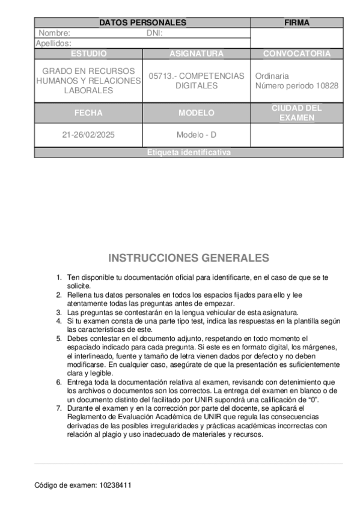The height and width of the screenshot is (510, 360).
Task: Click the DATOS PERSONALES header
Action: click(x=142, y=23)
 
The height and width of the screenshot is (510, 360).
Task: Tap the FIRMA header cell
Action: click(x=297, y=23)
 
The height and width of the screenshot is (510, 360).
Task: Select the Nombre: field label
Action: click(x=54, y=33)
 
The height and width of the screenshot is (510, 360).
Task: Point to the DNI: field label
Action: click(x=155, y=33)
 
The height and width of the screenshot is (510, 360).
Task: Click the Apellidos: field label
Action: click(x=54, y=43)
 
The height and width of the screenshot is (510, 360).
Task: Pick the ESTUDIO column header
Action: click(x=88, y=54)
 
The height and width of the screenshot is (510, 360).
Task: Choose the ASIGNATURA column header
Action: click(x=197, y=54)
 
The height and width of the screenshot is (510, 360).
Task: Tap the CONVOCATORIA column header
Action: click(x=297, y=54)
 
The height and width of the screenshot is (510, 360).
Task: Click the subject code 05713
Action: click(x=160, y=76)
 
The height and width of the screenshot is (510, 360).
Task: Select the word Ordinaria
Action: click(x=272, y=76)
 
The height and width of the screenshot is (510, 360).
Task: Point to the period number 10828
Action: click(x=326, y=86)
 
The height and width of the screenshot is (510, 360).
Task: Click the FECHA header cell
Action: click(x=88, y=112)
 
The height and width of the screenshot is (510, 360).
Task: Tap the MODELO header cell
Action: click(x=197, y=112)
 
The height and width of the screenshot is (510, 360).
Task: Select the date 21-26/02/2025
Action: click(x=88, y=135)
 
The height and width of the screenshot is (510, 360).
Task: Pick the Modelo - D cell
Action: click(x=197, y=135)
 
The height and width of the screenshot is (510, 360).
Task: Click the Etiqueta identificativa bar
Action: click(x=189, y=153)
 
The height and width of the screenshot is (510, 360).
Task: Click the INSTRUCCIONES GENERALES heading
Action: click(x=189, y=258)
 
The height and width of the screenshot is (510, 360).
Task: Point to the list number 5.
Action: click(x=59, y=339)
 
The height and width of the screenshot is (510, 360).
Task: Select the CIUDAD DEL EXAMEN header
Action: click(x=297, y=112)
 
